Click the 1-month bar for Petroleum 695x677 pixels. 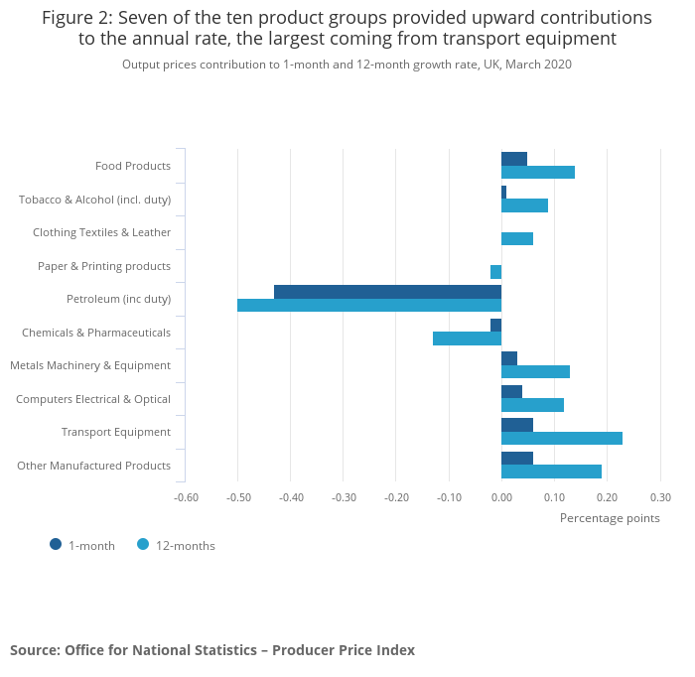387,292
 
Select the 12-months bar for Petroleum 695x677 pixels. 369,306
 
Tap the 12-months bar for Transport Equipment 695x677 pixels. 562,438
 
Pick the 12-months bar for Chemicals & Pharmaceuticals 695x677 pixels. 467,338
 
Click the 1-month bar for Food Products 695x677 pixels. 514,159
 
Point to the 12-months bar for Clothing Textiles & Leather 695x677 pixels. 517,238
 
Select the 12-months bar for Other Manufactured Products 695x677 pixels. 551,472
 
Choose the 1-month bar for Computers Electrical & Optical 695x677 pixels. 511,391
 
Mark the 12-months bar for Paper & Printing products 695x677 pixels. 495,272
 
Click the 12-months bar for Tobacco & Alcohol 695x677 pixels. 524,205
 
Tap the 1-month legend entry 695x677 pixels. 83,545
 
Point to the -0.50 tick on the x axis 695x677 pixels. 238,497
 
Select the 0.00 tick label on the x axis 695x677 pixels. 501,497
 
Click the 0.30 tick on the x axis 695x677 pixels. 660,497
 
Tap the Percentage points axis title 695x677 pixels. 610,517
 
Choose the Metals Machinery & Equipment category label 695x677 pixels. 90,365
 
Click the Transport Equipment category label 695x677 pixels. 116,432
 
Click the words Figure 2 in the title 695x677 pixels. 77,18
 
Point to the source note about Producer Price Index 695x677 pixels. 212,650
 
